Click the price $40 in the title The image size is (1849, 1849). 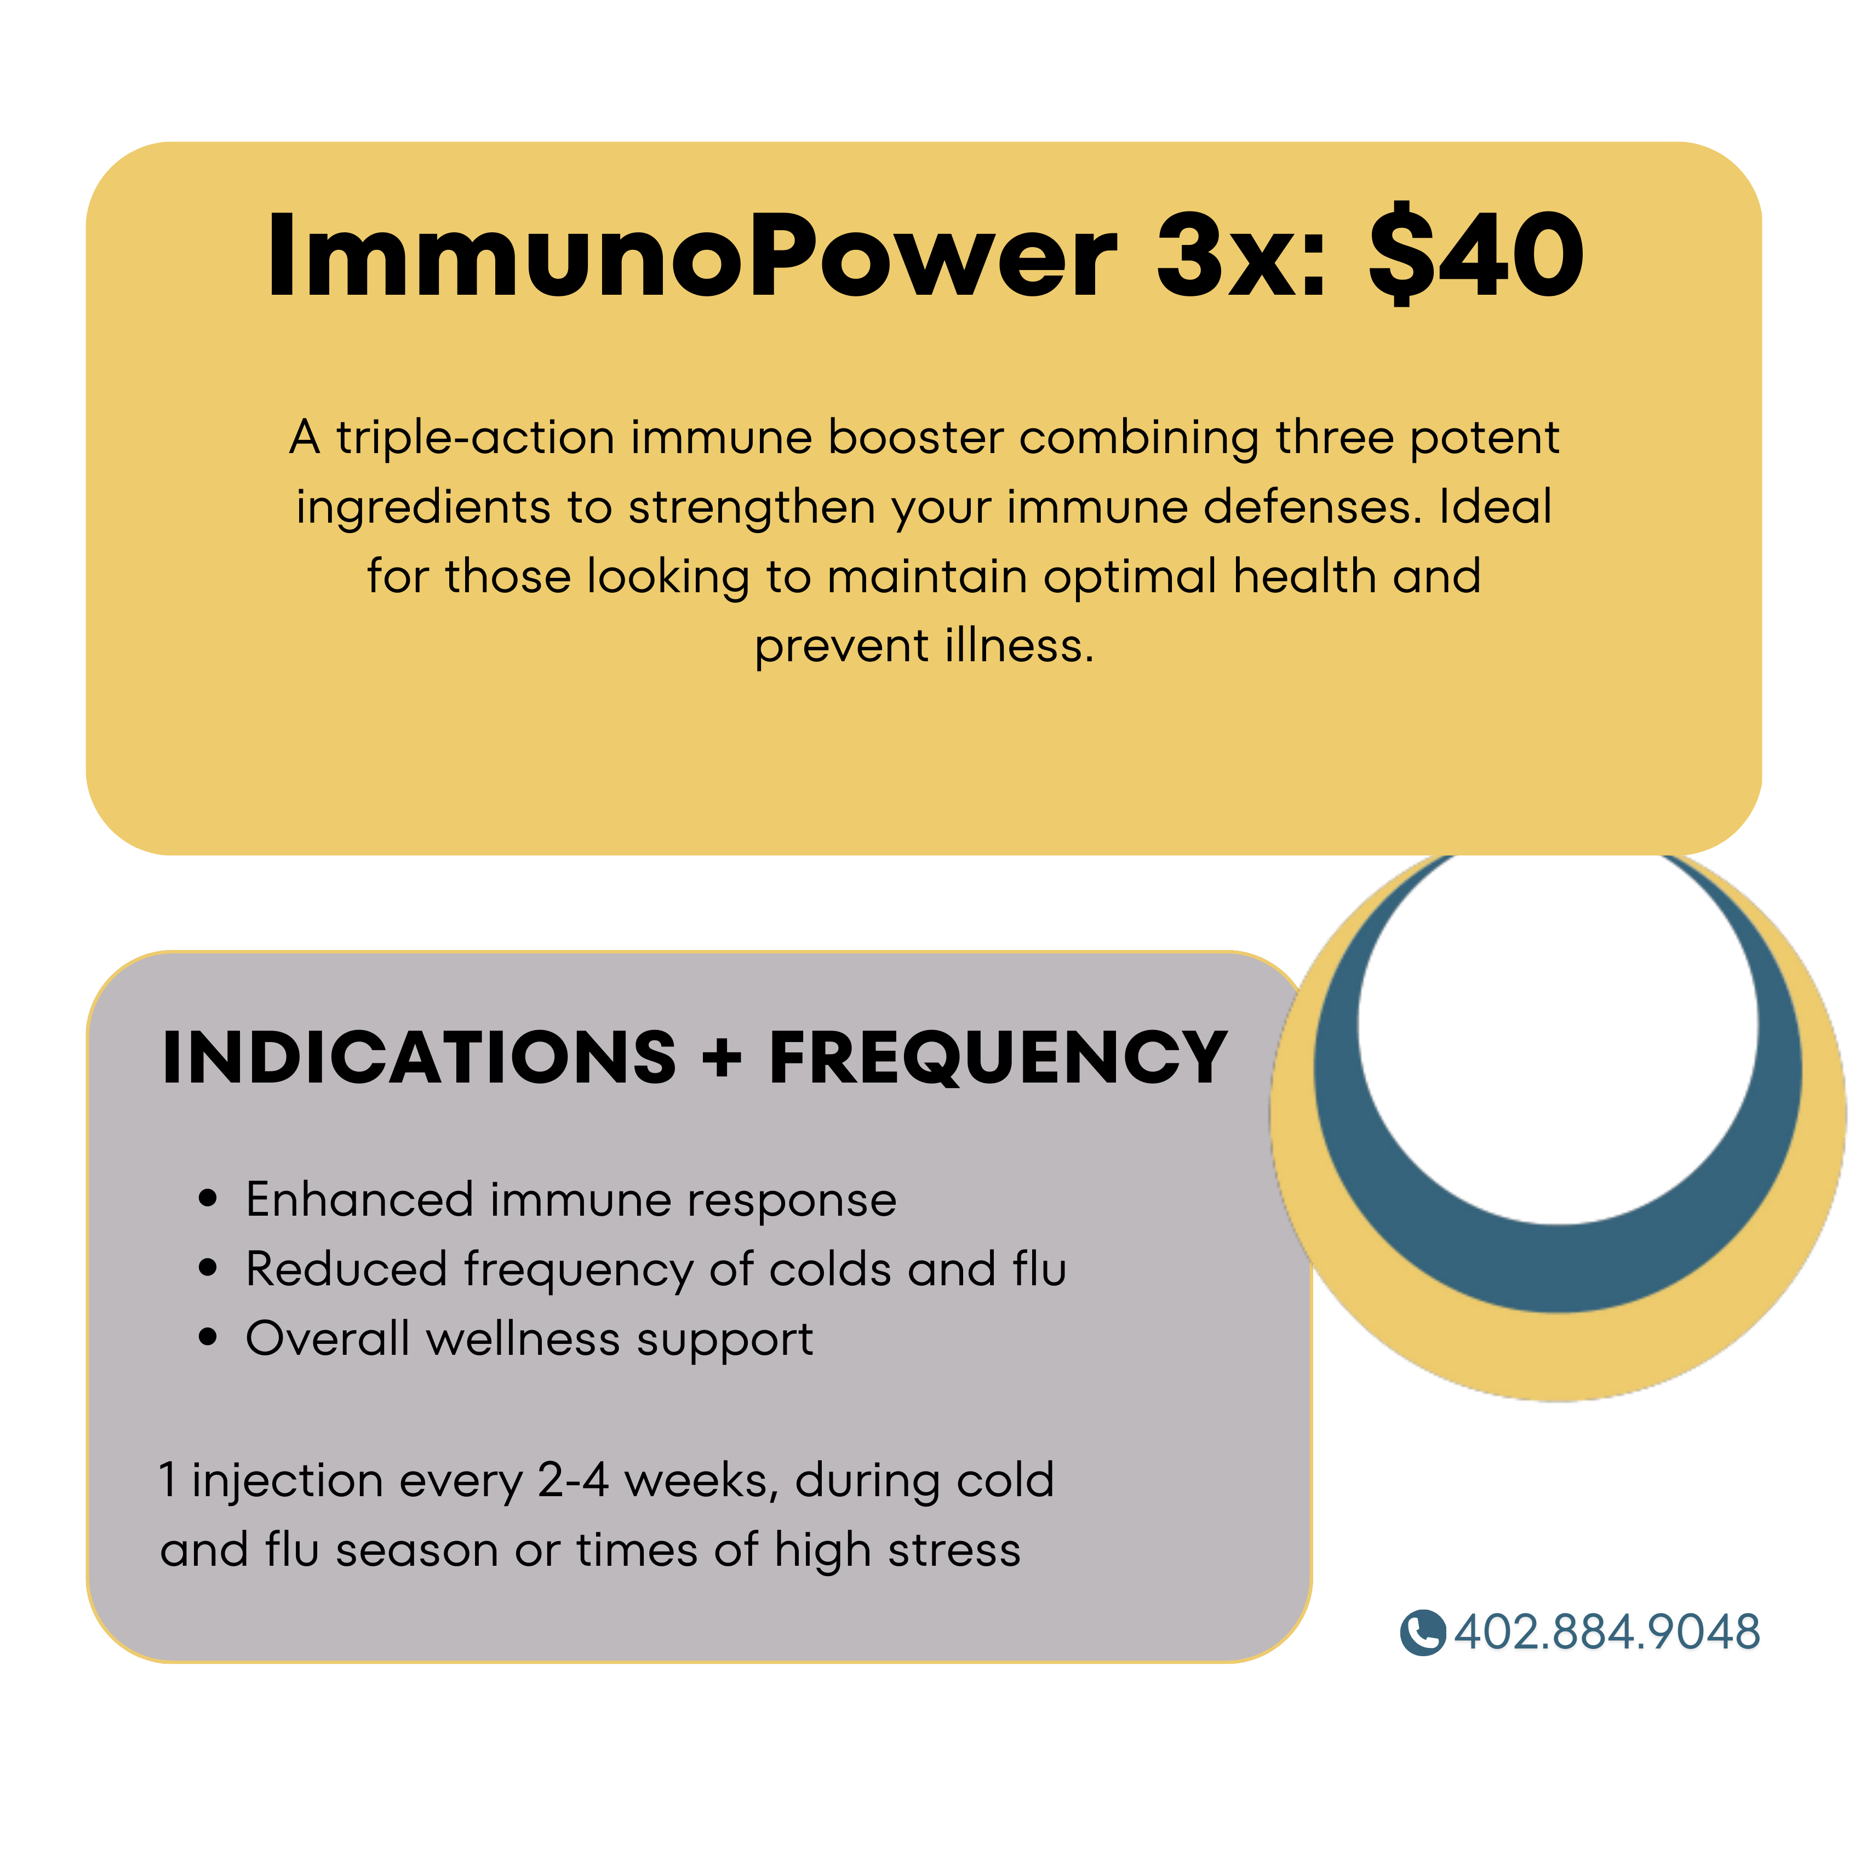(1476, 255)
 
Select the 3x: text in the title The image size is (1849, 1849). (1242, 255)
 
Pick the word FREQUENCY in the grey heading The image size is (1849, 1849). (998, 1058)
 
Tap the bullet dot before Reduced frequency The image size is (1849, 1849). (208, 1268)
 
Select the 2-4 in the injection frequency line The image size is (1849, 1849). (573, 1480)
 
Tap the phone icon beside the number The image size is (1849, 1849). (1422, 1632)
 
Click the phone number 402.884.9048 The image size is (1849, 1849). (1607, 1632)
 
